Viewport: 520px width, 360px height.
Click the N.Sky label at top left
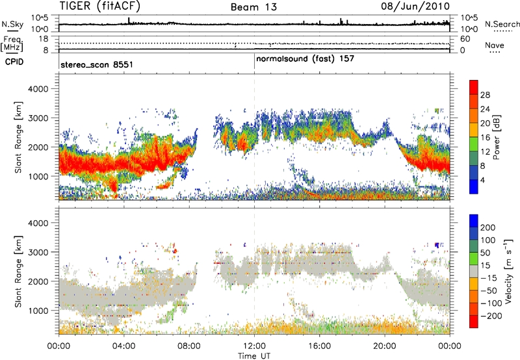coord(11,23)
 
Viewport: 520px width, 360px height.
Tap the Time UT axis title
coord(253,355)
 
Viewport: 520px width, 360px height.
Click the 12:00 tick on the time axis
coord(254,344)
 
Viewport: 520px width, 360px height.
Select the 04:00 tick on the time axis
coord(123,344)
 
